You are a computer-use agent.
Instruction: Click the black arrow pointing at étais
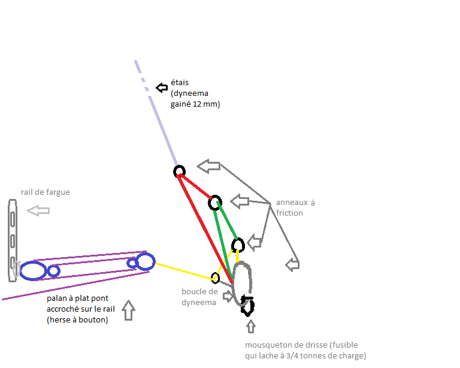(x=162, y=88)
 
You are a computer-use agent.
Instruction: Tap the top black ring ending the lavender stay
(x=179, y=172)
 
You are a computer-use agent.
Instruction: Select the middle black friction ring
(x=214, y=203)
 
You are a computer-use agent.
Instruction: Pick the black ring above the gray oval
(x=238, y=245)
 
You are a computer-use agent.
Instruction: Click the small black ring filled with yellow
(x=215, y=277)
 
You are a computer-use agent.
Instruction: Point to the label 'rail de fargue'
(x=45, y=192)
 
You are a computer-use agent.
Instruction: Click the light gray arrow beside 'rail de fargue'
(x=38, y=210)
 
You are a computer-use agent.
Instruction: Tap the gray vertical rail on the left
(x=13, y=240)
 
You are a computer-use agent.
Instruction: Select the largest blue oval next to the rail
(x=33, y=270)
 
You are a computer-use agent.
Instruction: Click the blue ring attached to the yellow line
(x=146, y=261)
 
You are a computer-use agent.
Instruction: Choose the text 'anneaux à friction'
(x=295, y=207)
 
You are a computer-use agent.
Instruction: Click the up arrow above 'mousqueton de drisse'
(x=250, y=327)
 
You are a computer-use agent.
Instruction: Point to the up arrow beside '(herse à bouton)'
(x=128, y=311)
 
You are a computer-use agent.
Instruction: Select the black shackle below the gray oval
(x=247, y=305)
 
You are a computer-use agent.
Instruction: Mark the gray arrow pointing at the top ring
(x=209, y=166)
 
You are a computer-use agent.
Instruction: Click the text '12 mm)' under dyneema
(x=207, y=104)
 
